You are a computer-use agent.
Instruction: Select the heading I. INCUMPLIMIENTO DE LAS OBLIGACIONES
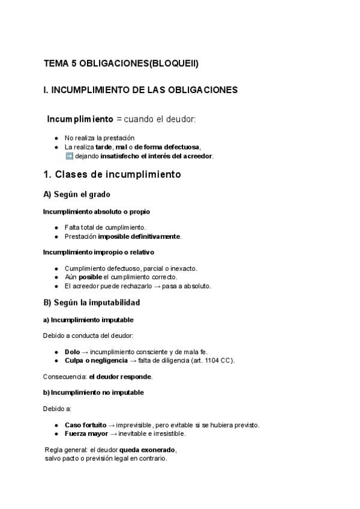(x=140, y=90)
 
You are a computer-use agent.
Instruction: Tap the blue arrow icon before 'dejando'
(x=68, y=156)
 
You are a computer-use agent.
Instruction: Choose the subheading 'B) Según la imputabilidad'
(x=91, y=303)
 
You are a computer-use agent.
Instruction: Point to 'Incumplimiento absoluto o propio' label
(x=96, y=212)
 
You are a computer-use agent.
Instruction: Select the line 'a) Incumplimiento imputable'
(x=88, y=320)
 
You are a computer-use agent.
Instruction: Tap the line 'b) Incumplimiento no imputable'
(x=93, y=393)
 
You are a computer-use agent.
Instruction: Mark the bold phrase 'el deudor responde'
(x=121, y=377)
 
